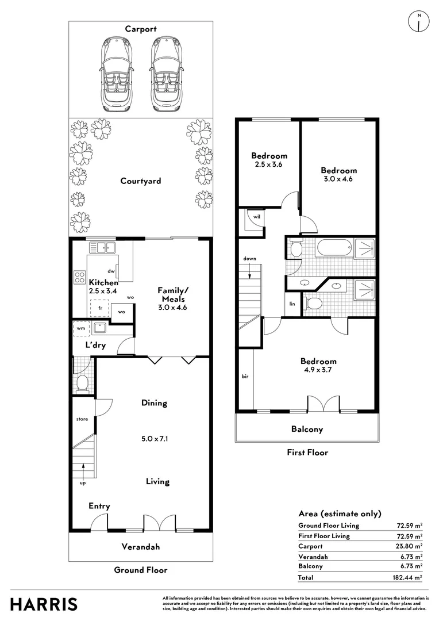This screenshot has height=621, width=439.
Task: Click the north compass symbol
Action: pyautogui.click(x=419, y=21)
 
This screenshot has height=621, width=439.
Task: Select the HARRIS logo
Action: pyautogui.click(x=44, y=605)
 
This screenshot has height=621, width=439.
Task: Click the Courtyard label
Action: pyautogui.click(x=141, y=181)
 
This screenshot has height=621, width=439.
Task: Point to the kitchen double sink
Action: pyautogui.click(x=102, y=247)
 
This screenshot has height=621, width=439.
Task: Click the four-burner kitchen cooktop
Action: pyautogui.click(x=79, y=277)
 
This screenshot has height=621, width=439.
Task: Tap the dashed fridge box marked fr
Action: pyautogui.click(x=100, y=308)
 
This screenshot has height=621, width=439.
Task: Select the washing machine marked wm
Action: pyautogui.click(x=81, y=328)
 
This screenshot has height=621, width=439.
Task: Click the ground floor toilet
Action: pyautogui.click(x=82, y=384)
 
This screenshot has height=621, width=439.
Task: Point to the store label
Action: pyautogui.click(x=82, y=419)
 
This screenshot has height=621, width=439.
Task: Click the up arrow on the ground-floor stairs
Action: pyautogui.click(x=83, y=471)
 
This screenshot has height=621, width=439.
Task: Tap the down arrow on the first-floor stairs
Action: pyautogui.click(x=250, y=270)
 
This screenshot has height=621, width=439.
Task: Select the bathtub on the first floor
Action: pyautogui.click(x=334, y=248)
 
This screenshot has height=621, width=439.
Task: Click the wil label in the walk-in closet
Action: pyautogui.click(x=257, y=217)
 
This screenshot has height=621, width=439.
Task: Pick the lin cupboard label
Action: pyautogui.click(x=292, y=304)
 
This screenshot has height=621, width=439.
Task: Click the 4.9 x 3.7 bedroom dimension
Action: pyautogui.click(x=318, y=370)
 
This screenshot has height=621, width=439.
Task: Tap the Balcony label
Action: pyautogui.click(x=307, y=429)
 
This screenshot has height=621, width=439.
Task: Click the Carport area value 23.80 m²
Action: pyautogui.click(x=410, y=546)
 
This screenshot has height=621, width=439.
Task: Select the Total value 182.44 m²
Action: pyautogui.click(x=407, y=577)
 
